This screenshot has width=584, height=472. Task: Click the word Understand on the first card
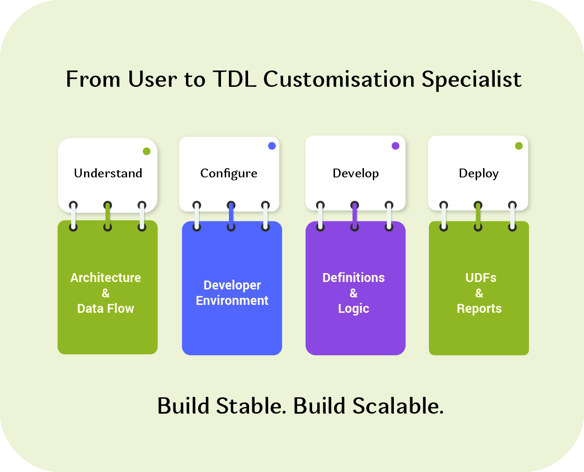(108, 173)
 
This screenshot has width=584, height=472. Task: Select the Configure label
(228, 173)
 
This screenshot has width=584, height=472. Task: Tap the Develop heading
(356, 173)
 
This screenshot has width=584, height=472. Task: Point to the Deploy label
(478, 174)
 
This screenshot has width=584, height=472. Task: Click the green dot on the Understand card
(147, 151)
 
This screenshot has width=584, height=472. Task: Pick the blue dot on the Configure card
(272, 146)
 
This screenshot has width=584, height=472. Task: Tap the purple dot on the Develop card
(395, 146)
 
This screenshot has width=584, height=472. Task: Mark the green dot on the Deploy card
(519, 146)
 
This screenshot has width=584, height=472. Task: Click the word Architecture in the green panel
(106, 278)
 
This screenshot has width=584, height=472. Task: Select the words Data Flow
(106, 309)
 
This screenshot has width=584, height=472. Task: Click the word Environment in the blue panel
(232, 301)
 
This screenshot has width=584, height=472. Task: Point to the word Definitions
(354, 278)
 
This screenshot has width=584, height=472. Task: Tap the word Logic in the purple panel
(354, 309)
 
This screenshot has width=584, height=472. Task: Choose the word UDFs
(481, 278)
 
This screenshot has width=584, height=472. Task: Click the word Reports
(479, 309)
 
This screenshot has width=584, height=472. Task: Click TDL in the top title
(235, 79)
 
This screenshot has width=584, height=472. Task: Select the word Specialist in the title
(471, 79)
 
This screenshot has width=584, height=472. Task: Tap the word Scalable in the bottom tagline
(398, 406)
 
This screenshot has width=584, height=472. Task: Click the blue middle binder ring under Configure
(231, 216)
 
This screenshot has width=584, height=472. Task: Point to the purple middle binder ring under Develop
(355, 216)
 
